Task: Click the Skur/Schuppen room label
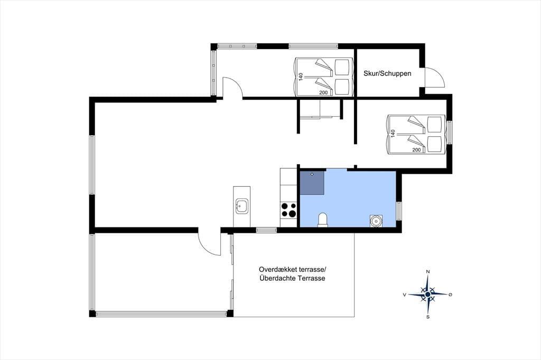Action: (387, 73)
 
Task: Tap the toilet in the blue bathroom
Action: (323, 220)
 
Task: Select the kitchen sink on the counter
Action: (241, 206)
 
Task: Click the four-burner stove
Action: (289, 210)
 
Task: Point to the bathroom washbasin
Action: (376, 220)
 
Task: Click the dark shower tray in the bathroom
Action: (312, 183)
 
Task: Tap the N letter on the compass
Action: (428, 272)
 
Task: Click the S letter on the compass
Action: (428, 317)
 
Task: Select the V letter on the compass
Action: (405, 295)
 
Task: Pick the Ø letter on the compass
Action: (450, 295)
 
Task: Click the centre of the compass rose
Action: (428, 294)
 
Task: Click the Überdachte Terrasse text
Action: (292, 279)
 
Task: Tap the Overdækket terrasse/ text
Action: (292, 269)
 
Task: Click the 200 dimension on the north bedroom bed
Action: (323, 92)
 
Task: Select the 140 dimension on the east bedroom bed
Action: (393, 134)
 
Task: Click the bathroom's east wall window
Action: (399, 211)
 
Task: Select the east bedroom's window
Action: (450, 132)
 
